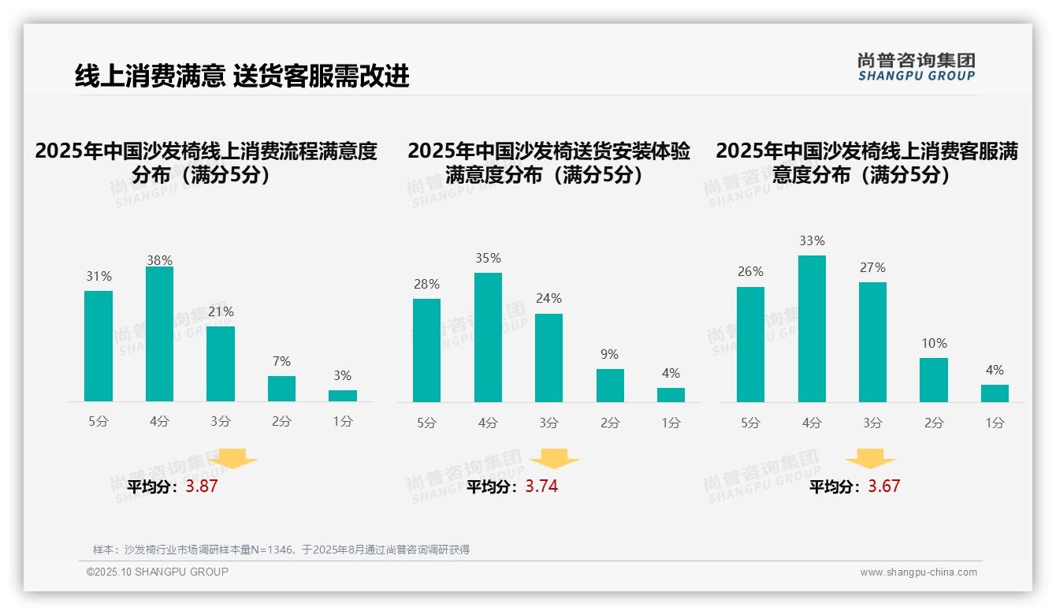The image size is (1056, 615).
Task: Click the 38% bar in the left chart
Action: click(x=159, y=334)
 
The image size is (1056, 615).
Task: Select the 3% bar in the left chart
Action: click(x=343, y=396)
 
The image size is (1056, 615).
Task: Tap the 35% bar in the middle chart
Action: click(x=488, y=337)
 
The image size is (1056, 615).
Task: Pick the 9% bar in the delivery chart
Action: click(x=610, y=386)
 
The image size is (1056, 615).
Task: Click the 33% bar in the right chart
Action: click(x=812, y=329)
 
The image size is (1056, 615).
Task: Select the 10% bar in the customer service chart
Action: click(x=934, y=380)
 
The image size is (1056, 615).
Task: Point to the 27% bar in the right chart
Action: click(x=872, y=342)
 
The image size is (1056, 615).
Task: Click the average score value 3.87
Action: click(x=202, y=486)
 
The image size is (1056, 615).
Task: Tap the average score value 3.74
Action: click(x=541, y=486)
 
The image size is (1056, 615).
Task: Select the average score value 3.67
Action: click(x=883, y=486)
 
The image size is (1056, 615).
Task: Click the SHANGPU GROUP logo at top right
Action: click(x=917, y=67)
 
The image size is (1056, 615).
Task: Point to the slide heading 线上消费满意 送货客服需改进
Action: click(x=242, y=76)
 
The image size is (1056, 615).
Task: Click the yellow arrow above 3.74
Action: click(x=554, y=459)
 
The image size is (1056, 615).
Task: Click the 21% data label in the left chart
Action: click(x=221, y=312)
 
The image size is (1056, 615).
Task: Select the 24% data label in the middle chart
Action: click(x=549, y=299)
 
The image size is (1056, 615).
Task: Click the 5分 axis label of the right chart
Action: click(x=750, y=423)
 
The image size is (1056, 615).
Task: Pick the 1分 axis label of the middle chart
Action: click(x=671, y=423)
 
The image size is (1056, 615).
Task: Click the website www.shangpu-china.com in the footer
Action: click(x=918, y=572)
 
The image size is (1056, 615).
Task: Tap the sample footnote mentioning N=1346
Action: click(x=281, y=550)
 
